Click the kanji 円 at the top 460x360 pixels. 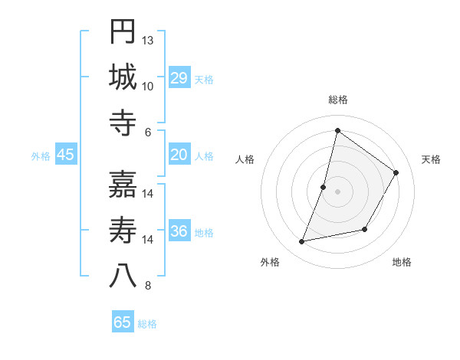pos(123,31)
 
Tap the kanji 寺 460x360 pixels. pos(123,123)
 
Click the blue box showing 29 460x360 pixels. pos(179,78)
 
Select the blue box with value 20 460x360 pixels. pos(179,155)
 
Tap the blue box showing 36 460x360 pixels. pos(179,231)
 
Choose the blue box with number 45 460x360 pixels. pos(66,155)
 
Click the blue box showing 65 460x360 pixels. pos(123,322)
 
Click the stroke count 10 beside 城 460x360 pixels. pos(148,86)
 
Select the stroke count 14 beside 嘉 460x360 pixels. pos(148,193)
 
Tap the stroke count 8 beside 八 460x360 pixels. pos(148,286)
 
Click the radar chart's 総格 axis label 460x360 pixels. pos(337,100)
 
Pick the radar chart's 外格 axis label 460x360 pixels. pos(270,262)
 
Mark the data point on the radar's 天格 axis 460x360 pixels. pos(396,173)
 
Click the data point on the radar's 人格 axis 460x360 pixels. pos(324,187)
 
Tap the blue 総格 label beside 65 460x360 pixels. pos(147,324)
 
